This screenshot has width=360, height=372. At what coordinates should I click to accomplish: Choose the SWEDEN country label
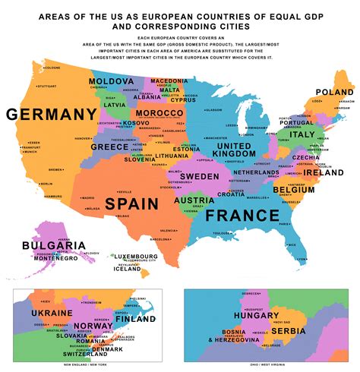click(199, 175)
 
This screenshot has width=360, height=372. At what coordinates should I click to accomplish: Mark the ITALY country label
click(302, 134)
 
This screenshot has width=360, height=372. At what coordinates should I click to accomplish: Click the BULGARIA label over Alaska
click(53, 246)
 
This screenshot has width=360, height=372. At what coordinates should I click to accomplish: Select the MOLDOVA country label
click(112, 81)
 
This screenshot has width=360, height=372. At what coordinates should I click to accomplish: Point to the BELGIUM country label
click(293, 189)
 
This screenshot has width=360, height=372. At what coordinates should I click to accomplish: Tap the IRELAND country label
click(324, 172)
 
